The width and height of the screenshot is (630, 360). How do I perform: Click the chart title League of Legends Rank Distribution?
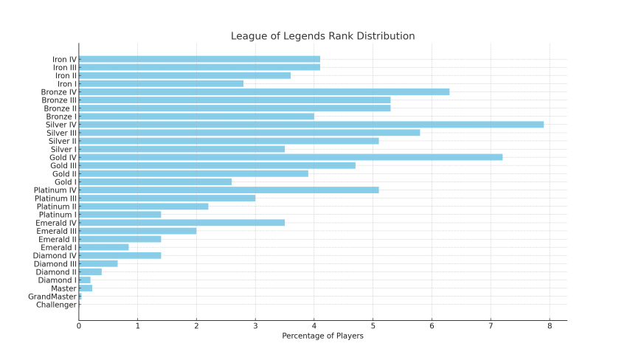point(322,36)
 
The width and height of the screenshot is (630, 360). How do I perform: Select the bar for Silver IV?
point(311,125)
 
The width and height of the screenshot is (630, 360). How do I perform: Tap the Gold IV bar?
point(290,157)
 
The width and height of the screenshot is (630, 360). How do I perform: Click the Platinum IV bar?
point(228,190)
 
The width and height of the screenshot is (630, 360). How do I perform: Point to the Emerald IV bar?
point(181,223)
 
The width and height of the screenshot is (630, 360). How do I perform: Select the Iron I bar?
point(161,83)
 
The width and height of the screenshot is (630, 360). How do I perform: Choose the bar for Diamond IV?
point(120,255)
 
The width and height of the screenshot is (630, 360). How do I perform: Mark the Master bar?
point(86,288)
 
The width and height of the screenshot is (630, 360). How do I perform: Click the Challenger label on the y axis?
point(56,305)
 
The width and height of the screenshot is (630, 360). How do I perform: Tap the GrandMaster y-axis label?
point(52,297)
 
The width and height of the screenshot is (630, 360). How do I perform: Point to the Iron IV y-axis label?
point(64,59)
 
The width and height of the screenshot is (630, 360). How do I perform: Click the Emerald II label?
point(58,239)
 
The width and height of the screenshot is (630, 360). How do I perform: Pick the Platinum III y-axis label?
point(55,198)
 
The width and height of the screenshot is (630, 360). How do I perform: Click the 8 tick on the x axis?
point(550,326)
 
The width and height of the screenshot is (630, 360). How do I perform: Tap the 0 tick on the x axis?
point(79,326)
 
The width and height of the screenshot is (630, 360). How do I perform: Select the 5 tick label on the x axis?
point(373,326)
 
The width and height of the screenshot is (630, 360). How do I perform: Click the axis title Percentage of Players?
point(322,336)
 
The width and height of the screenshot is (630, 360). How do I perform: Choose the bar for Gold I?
point(155,181)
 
